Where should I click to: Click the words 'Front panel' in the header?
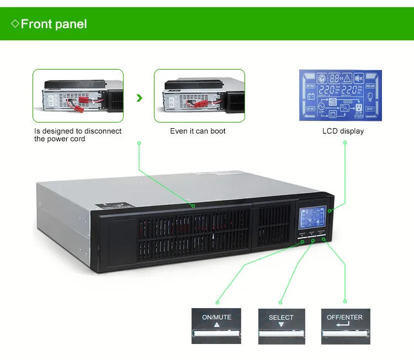[x=54, y=24]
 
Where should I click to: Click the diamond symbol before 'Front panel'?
[x=15, y=24]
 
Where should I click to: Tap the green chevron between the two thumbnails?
[x=140, y=98]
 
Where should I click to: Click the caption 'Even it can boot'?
[x=198, y=131]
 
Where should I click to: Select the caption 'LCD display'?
[x=343, y=131]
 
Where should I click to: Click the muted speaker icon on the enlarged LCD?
[x=358, y=78]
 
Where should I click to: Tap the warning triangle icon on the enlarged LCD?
[x=347, y=78]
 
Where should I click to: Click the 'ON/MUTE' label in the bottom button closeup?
[x=216, y=317]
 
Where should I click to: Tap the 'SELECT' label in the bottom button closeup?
[x=281, y=317]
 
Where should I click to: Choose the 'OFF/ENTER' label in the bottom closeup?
[x=344, y=317]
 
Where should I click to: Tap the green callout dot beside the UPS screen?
[x=330, y=211]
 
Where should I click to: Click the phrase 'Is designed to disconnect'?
[x=78, y=131]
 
